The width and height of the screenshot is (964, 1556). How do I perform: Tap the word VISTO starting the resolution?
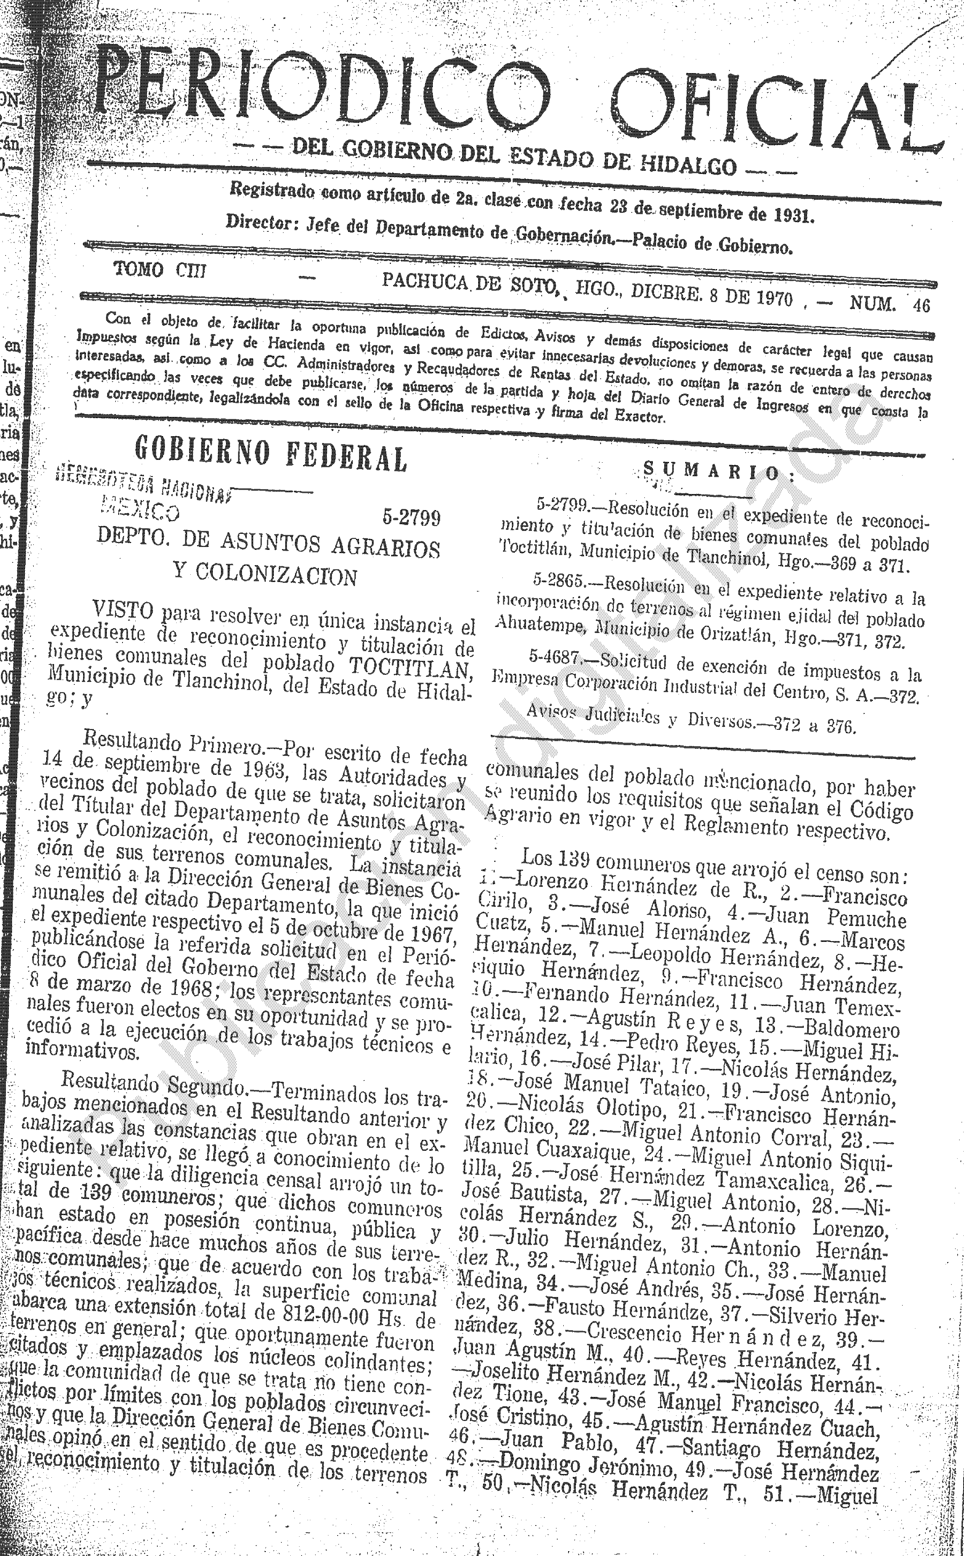[123, 610]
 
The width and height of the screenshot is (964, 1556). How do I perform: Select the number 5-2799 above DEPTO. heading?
[411, 518]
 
